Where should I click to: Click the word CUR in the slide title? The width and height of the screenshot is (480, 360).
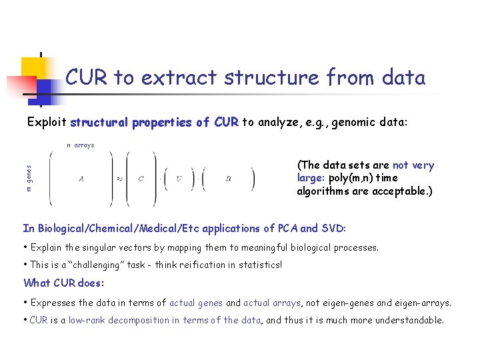pos(87,77)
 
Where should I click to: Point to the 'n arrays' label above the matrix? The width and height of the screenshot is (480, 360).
pos(80,145)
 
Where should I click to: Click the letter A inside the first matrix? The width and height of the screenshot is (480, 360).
pos(81,179)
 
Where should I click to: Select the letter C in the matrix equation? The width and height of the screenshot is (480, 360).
pos(141,179)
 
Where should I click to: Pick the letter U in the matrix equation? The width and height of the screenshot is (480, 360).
pos(179,179)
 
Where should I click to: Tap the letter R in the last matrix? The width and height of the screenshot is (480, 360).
pos(229,179)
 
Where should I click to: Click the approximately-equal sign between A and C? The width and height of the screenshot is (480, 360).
pos(119,179)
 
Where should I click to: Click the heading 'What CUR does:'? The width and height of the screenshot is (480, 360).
pos(64,283)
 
